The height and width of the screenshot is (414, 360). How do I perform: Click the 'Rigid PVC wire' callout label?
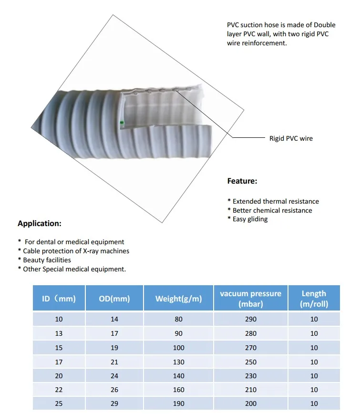291,138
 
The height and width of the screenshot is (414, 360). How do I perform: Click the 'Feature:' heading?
242,181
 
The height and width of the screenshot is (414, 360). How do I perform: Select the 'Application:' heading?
40,223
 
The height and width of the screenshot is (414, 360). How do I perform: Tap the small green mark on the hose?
122,123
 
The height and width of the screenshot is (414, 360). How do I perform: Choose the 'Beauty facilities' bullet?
47,260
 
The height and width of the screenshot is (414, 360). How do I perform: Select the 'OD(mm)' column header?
114,299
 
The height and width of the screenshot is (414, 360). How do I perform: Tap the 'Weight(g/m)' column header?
178,299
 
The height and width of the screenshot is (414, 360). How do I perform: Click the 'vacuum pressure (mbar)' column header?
250,299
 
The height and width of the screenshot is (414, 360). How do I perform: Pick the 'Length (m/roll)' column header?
314,299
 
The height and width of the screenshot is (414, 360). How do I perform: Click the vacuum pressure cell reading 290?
250,319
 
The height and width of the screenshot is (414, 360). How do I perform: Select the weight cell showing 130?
178,362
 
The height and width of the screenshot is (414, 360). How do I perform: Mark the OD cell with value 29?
114,404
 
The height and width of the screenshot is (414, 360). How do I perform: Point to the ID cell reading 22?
59,390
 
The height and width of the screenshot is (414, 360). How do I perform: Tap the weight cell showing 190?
178,404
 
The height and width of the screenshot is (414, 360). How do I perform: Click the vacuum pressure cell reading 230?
250,376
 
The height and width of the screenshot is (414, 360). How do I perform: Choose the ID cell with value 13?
59,333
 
